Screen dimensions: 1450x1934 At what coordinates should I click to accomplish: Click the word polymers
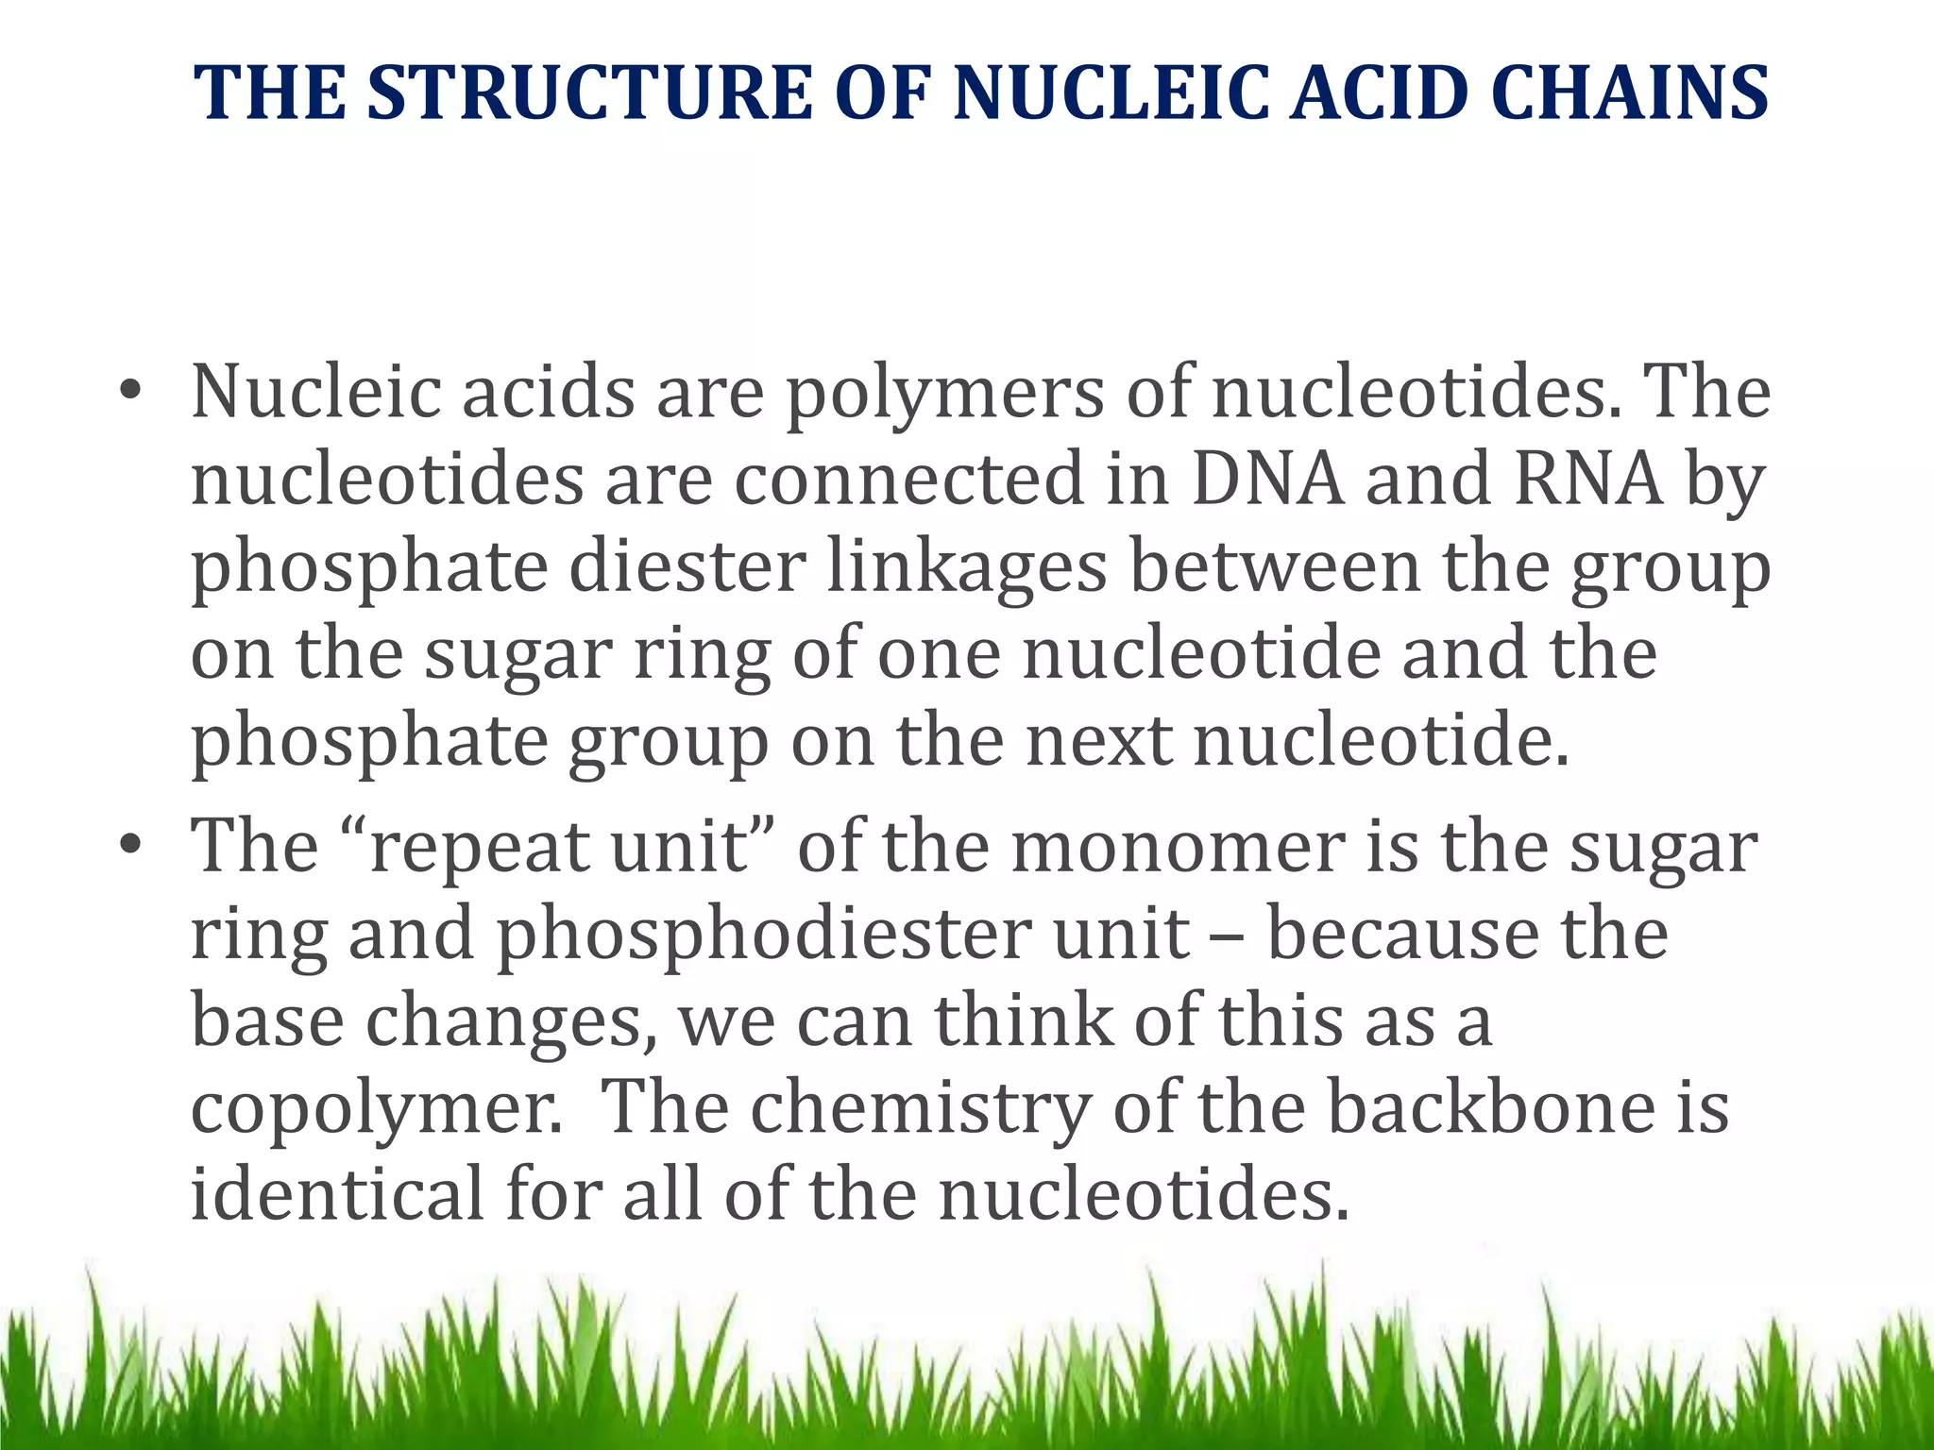945,395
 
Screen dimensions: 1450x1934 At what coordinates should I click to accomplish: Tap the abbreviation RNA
1587,479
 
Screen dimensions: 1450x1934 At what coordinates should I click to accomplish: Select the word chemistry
921,1110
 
